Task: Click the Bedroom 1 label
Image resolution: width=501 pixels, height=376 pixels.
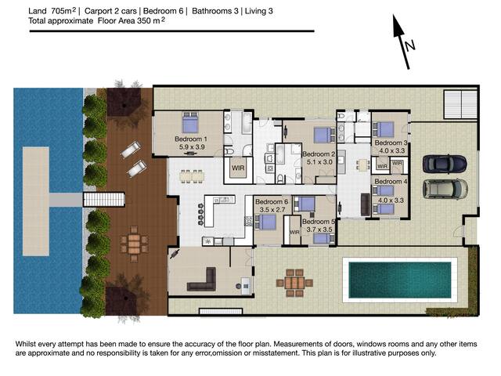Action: coord(191,139)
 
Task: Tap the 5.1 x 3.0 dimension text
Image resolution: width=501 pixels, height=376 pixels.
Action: coord(319,162)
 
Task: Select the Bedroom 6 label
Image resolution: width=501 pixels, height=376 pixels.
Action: coord(272,202)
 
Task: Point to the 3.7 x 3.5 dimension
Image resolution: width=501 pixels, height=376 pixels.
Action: coord(319,230)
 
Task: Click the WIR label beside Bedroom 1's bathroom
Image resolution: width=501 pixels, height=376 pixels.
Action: coord(238,168)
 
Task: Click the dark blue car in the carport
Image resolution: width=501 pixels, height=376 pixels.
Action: coord(445,164)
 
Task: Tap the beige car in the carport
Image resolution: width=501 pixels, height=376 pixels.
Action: coord(445,189)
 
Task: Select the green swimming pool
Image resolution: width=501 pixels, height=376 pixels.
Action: coord(400,280)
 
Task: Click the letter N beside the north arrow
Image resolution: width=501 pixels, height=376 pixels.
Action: coord(409,45)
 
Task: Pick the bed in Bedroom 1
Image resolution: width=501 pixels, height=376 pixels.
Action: coord(189,122)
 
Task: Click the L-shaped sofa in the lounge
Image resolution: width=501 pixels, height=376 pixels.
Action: coord(202,280)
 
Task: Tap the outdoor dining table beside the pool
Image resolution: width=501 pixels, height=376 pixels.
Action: coord(294,283)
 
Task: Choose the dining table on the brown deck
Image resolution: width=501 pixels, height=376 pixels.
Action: coord(134,244)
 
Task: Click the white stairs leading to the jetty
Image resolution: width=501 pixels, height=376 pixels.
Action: coord(104,200)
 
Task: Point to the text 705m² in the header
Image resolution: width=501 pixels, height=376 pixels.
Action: coord(63,11)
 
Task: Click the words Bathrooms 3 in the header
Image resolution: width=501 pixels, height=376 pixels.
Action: coord(215,11)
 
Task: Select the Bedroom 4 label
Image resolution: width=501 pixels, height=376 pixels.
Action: coord(391,181)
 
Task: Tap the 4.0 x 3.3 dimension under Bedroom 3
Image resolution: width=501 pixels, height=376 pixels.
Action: coord(391,150)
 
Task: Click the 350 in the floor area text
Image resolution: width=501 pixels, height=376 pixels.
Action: coord(144,21)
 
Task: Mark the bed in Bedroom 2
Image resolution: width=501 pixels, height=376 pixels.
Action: coord(323,135)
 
